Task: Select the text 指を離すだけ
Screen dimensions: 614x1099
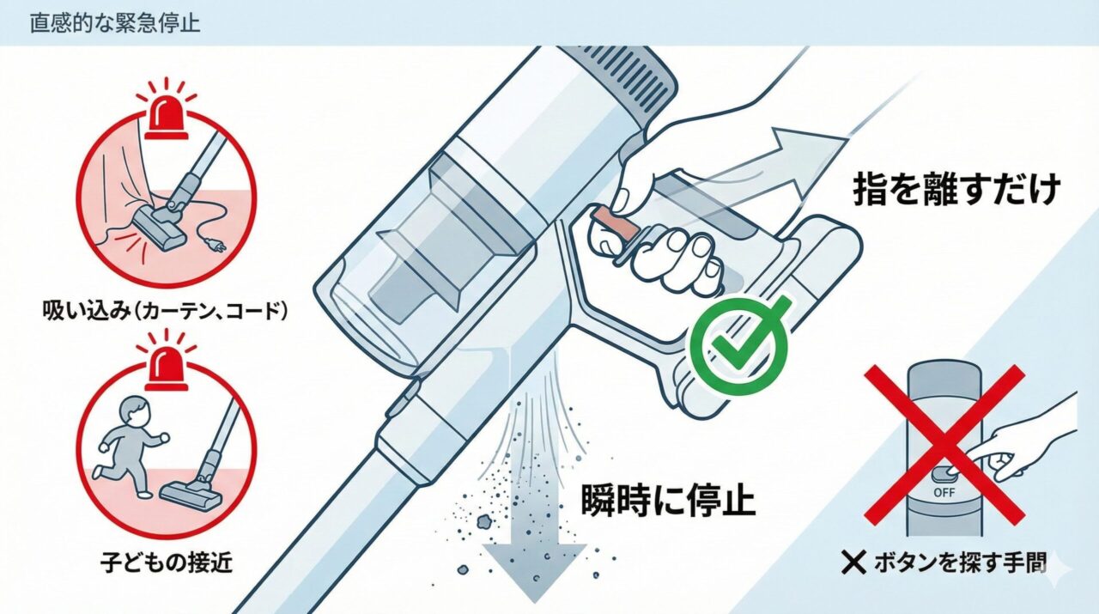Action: [x=955, y=190]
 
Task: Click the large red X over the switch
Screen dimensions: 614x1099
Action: [x=944, y=444]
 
